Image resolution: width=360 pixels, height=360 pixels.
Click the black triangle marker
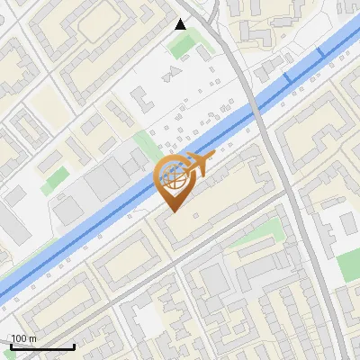(181, 24)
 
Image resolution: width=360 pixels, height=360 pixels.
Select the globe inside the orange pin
(175, 176)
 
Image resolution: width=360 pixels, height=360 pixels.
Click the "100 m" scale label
(23, 338)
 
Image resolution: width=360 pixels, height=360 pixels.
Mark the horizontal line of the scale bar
(41, 346)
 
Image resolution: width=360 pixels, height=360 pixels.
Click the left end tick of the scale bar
(10, 344)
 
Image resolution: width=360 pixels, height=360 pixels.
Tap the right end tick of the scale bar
(74, 344)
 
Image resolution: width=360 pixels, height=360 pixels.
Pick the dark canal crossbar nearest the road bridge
(288, 79)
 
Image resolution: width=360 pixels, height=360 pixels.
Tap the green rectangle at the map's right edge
(349, 264)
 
